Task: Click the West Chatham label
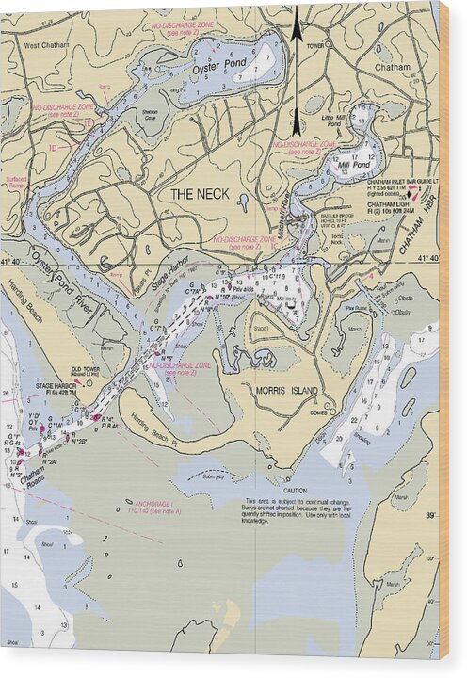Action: coord(45,44)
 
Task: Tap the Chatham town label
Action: coord(393,68)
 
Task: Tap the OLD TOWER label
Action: coord(88,370)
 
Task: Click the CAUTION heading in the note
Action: coord(294,491)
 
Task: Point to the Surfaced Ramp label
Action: coord(15,182)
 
